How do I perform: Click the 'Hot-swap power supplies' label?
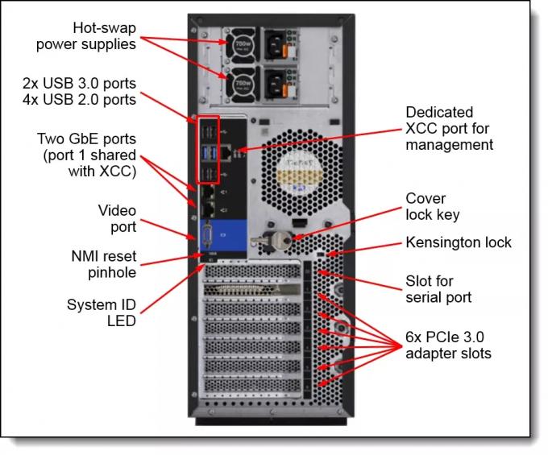[86, 36]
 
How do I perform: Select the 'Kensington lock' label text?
[459, 242]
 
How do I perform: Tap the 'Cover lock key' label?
[433, 207]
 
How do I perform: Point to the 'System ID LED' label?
[102, 312]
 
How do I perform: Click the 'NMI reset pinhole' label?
[104, 264]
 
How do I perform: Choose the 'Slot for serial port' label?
[438, 289]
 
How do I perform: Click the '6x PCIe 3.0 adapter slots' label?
[448, 345]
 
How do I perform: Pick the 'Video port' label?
[117, 218]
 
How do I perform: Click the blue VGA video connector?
[208, 236]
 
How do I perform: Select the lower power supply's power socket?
[276, 85]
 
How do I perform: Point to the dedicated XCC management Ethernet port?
[226, 154]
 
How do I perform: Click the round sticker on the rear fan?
[300, 175]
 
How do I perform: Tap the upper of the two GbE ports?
[209, 192]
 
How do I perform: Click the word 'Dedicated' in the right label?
[439, 113]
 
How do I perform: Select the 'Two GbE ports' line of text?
[87, 139]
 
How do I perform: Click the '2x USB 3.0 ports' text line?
[79, 84]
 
